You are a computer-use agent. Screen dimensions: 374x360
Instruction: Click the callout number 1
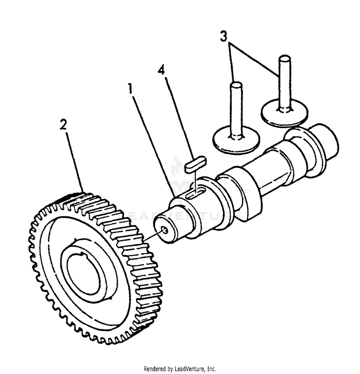[130, 89]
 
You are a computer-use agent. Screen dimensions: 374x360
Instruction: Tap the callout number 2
[63, 125]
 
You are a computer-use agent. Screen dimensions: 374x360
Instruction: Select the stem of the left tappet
[235, 108]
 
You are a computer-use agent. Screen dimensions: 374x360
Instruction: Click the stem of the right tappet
[283, 82]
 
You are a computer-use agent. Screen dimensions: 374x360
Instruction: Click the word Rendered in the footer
[157, 369]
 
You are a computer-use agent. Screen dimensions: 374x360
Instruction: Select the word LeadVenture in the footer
[190, 369]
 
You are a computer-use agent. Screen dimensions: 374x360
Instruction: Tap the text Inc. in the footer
[211, 369]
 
